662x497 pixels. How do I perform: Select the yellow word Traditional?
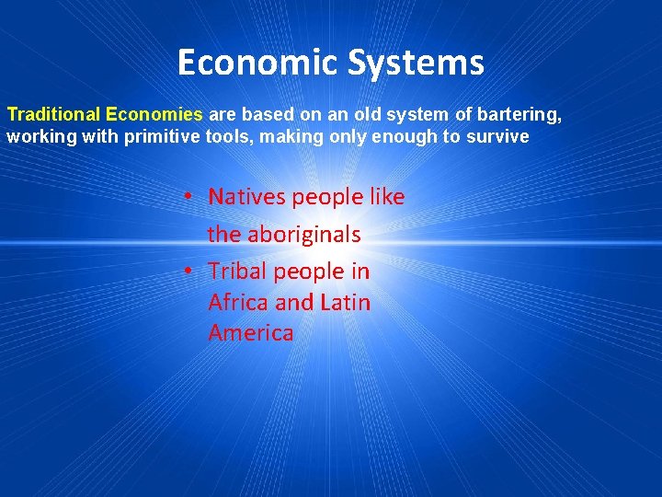click(54, 115)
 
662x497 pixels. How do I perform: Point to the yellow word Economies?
click(154, 115)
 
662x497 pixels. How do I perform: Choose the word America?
click(251, 332)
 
